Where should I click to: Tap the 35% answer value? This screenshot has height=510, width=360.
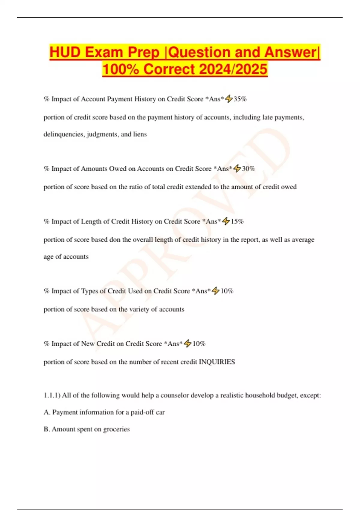click(x=240, y=99)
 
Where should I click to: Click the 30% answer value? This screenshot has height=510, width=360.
click(x=248, y=169)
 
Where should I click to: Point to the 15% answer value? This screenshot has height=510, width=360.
click(x=237, y=221)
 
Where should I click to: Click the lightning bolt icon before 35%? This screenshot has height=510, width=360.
click(x=229, y=99)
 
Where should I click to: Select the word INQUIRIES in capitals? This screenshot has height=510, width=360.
click(x=217, y=362)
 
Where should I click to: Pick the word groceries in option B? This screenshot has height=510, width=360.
click(x=116, y=429)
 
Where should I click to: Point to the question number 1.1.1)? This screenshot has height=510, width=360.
click(x=52, y=395)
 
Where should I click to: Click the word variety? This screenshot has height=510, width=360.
click(x=139, y=309)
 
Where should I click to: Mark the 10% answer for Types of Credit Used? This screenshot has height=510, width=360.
click(x=227, y=291)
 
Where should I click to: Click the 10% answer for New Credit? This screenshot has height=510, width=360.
click(x=199, y=344)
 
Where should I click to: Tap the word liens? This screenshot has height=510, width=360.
click(x=140, y=134)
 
